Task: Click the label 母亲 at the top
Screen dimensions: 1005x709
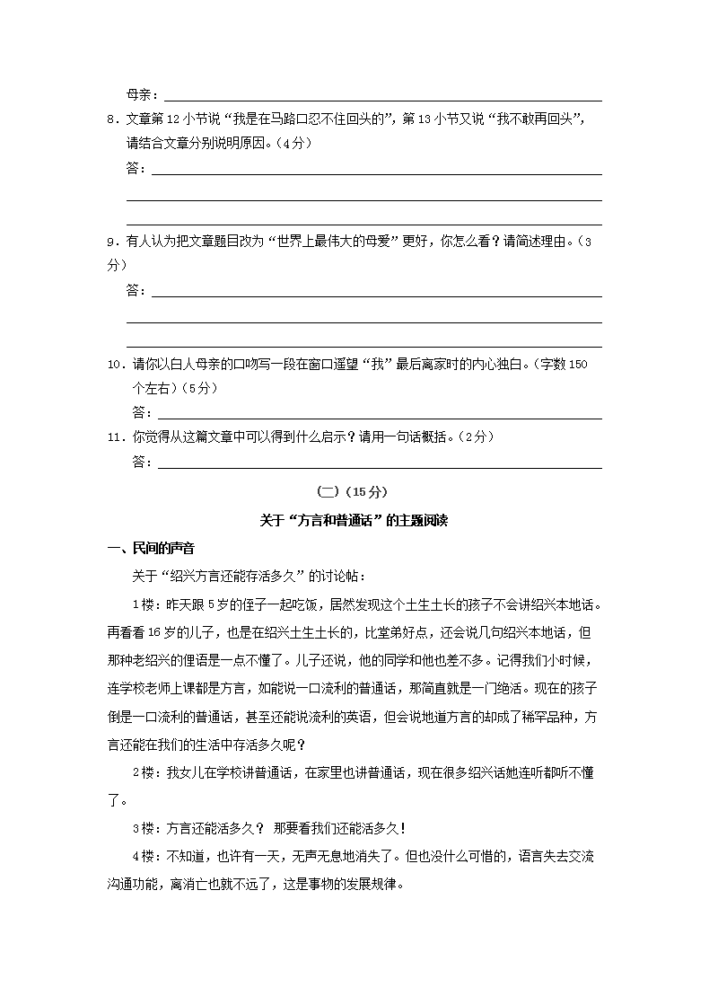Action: [x=141, y=94]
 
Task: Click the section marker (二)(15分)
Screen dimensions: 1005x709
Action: [x=354, y=491]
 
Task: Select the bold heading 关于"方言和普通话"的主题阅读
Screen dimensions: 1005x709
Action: [x=354, y=520]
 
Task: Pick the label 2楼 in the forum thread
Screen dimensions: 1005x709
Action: [x=144, y=746]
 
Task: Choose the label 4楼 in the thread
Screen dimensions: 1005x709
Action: [x=144, y=856]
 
